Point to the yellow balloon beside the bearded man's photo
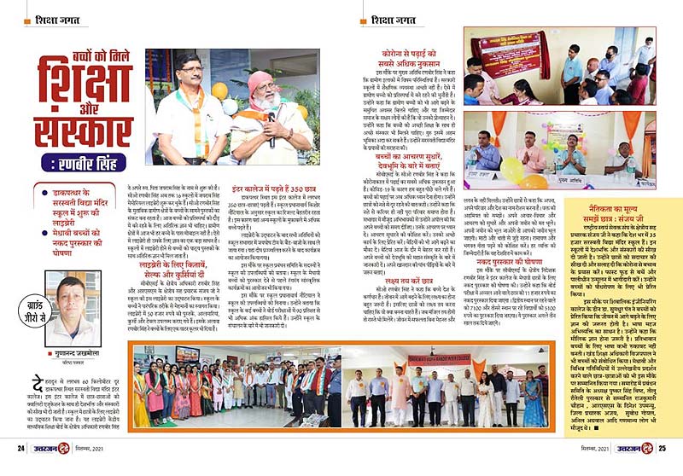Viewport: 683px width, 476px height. (221, 90)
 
